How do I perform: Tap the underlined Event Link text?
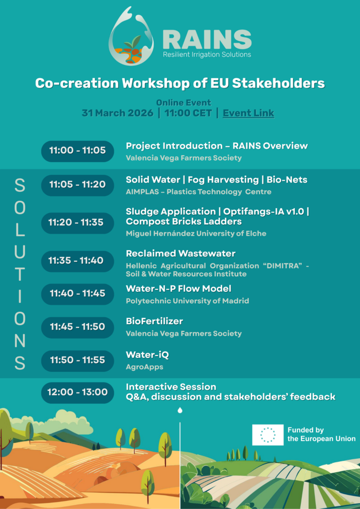(x=248, y=113)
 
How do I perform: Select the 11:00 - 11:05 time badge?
(x=78, y=151)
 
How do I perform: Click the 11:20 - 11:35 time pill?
(x=78, y=223)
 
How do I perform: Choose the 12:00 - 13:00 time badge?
(x=78, y=393)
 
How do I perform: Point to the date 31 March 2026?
(x=117, y=113)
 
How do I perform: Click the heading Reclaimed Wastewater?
(x=181, y=253)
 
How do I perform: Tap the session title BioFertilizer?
(x=155, y=322)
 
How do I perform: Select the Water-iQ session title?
(x=147, y=355)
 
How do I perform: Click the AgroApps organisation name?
(x=145, y=367)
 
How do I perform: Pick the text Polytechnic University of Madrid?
(x=187, y=301)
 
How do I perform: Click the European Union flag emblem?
(x=268, y=434)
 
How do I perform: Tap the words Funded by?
(x=305, y=430)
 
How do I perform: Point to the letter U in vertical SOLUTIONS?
(x=20, y=252)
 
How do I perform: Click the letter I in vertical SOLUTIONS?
(x=20, y=296)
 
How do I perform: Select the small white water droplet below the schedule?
(x=180, y=411)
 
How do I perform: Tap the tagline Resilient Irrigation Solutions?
(x=207, y=54)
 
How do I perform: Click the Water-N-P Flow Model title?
(x=179, y=288)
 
